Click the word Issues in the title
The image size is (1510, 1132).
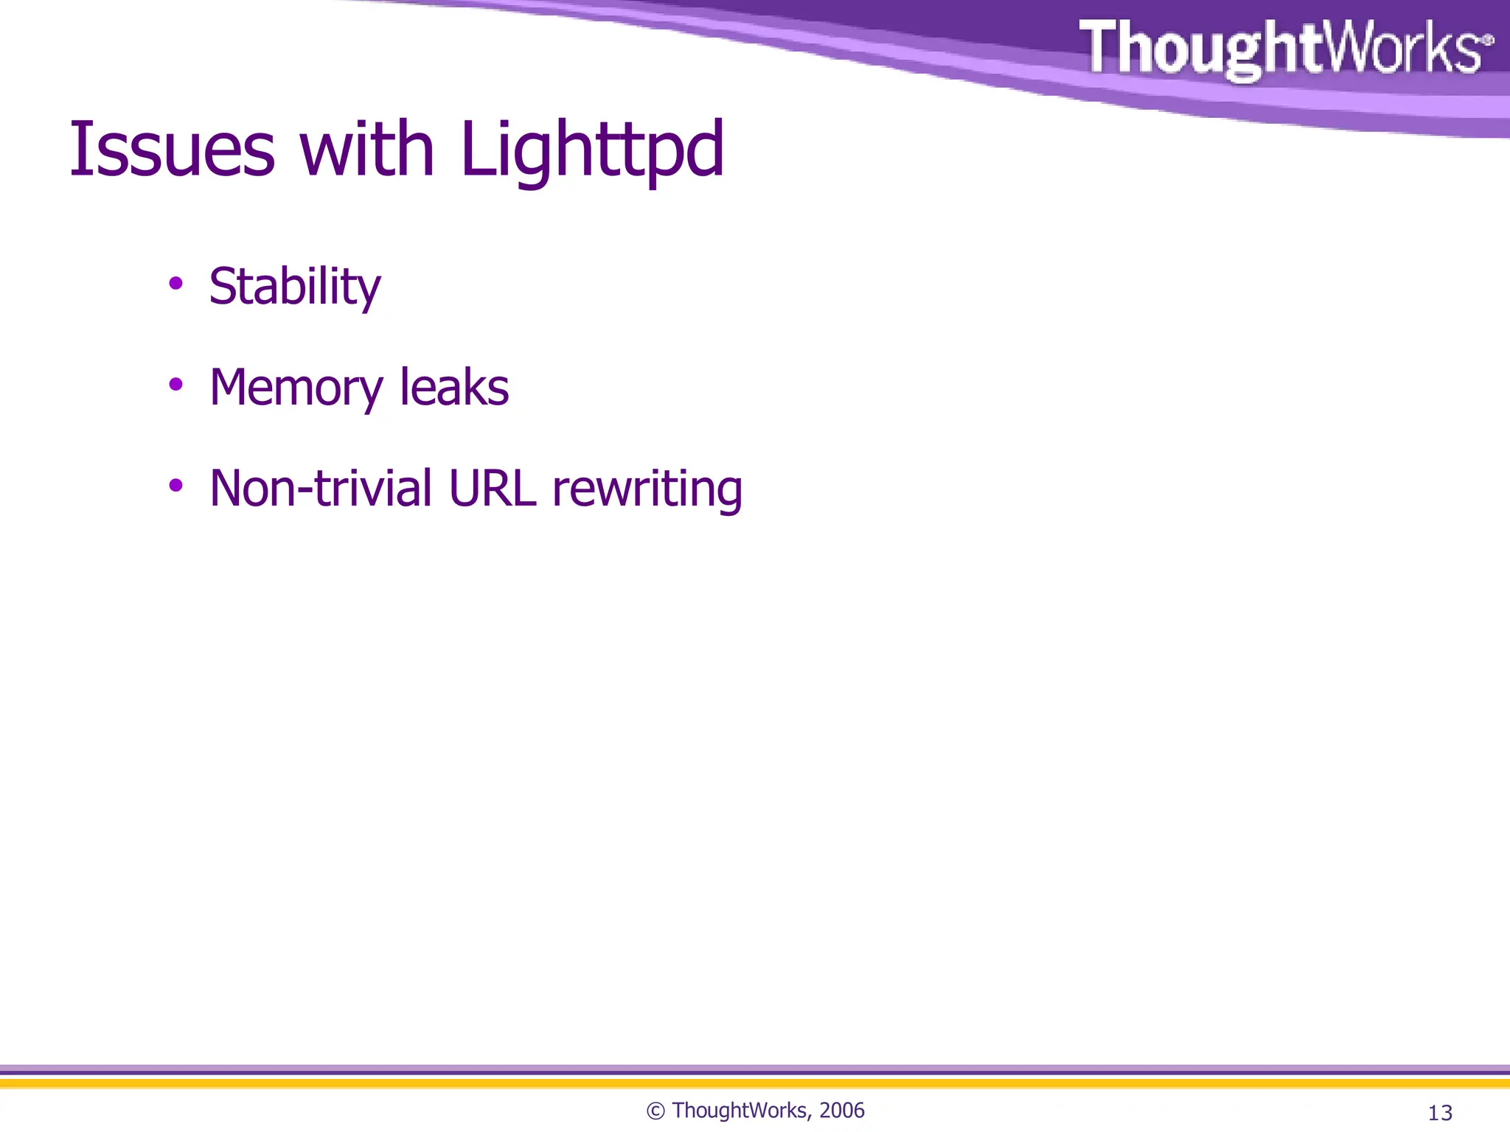pos(172,150)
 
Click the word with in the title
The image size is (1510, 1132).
pos(366,150)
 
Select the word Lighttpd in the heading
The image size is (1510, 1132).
pos(592,151)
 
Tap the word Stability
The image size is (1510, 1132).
pos(295,287)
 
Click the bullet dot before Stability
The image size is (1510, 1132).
pos(175,283)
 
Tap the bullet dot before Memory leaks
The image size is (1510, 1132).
pos(175,384)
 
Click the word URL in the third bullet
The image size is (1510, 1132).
pos(493,489)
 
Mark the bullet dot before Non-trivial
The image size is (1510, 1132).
pos(175,485)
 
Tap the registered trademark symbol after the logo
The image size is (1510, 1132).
pos(1487,39)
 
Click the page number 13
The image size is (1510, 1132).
pos(1440,1113)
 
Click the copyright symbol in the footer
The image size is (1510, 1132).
pos(655,1111)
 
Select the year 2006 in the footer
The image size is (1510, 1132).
pos(841,1111)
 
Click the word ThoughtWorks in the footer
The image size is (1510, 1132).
pos(740,1111)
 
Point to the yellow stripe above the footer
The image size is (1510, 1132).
pos(755,1083)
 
